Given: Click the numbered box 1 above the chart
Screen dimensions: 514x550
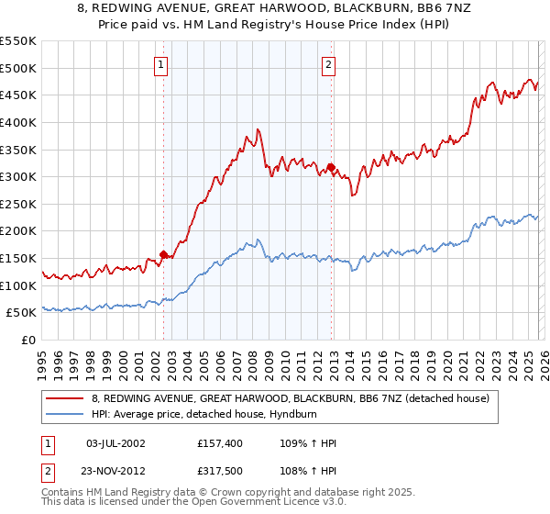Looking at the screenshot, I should point(161,64).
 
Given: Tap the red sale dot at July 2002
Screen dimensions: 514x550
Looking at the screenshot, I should point(163,254).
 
